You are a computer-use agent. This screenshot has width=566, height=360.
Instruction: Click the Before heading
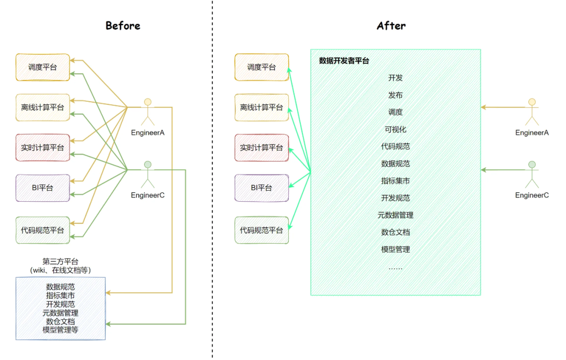pos(123,26)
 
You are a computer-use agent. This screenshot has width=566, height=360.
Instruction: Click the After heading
pos(391,26)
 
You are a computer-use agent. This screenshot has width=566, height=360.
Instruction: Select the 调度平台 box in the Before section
pos(42,67)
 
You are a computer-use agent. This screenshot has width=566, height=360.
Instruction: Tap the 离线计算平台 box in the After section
pos(262,107)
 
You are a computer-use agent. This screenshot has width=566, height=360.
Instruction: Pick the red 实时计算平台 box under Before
pos(42,148)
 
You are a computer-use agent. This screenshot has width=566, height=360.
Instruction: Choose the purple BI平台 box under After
pos(262,188)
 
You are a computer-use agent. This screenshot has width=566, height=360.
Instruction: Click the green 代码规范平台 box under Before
pos(42,230)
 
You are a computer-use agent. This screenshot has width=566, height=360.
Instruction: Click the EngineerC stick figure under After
pos(532,174)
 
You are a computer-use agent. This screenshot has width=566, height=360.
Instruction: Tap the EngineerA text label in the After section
pos(532,133)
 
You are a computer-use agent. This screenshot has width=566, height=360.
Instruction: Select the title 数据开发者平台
pos(344,61)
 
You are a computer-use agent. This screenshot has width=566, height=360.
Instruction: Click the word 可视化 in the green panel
pos(396,129)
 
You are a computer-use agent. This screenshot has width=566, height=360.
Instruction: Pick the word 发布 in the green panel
pos(396,95)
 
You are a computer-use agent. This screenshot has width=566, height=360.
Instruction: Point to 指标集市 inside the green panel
pos(396,181)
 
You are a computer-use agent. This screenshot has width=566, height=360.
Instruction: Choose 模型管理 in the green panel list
pos(396,249)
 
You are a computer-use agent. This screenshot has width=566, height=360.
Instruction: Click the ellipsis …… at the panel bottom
pos(396,267)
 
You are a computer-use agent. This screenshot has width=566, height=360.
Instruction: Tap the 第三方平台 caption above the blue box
pos(60,261)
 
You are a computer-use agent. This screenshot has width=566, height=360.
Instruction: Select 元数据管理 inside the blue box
pos(60,313)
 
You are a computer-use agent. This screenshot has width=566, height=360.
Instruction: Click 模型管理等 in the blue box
pos(60,330)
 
